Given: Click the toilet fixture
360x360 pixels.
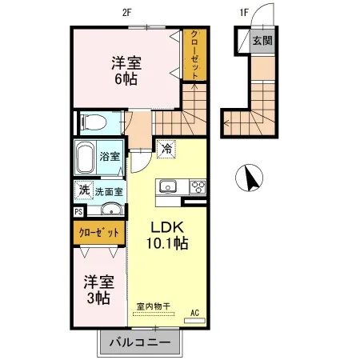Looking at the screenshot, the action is tap(93, 122).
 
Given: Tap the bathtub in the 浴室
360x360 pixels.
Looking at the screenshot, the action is tap(86, 158).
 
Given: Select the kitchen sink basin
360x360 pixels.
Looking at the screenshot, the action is tap(168, 186).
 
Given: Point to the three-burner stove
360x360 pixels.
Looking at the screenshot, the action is tap(198, 186).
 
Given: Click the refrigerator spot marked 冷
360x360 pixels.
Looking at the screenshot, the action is tap(166, 149).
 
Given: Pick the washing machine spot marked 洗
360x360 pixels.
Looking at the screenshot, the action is tap(84, 190).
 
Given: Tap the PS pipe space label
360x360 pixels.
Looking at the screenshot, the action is tap(78, 212).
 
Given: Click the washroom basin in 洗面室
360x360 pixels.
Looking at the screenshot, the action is tap(111, 209).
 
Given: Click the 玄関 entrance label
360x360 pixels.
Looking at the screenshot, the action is tap(262, 41).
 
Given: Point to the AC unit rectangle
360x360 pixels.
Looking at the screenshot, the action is tap(195, 321).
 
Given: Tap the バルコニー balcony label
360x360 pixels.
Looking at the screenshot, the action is tap(140, 342).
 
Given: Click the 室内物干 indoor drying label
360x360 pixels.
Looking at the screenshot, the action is tap(154, 306).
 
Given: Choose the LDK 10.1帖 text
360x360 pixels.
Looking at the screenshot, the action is tap(167, 235).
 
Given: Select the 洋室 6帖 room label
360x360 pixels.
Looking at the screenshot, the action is tap(126, 70).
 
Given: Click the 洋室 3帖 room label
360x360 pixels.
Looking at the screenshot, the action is tap(99, 290).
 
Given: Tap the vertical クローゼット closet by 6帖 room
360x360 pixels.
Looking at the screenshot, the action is tap(195, 54).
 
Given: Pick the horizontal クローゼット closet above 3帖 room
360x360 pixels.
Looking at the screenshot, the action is tap(99, 233).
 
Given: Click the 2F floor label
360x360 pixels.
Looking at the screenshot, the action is tap(127, 13).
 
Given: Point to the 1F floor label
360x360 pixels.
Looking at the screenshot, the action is tap(244, 13).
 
